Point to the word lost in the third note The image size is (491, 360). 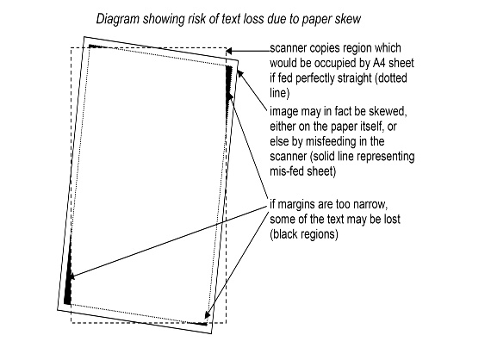pyautogui.click(x=392, y=219)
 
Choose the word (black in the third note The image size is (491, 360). pyautogui.click(x=284, y=234)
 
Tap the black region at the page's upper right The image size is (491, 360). pyautogui.click(x=229, y=84)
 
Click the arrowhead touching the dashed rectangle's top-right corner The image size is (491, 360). pyautogui.click(x=229, y=51)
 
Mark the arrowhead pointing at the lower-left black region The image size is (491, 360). pyautogui.click(x=72, y=276)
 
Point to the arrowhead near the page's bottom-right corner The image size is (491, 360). pyautogui.click(x=208, y=314)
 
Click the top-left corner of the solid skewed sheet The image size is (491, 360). pyautogui.click(x=84, y=37)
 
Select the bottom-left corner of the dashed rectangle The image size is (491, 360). pyautogui.click(x=71, y=323)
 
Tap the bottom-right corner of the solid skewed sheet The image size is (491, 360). pyautogui.click(x=211, y=333)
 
